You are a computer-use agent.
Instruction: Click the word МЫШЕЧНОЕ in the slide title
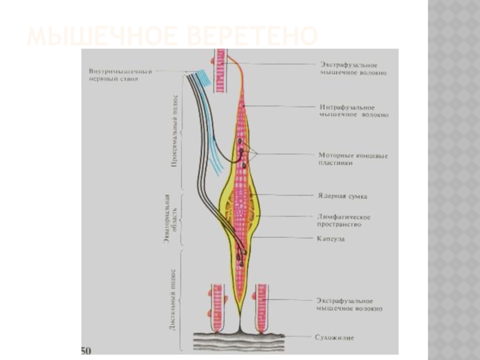point(100,37)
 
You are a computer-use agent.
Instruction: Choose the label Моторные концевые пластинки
point(353,159)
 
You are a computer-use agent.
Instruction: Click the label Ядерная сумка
point(342,196)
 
